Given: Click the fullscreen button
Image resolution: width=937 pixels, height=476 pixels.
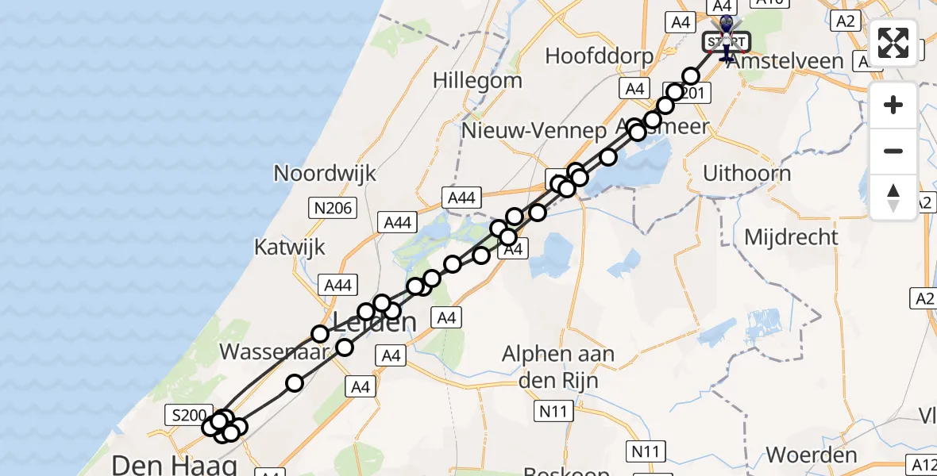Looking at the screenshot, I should pos(893,43).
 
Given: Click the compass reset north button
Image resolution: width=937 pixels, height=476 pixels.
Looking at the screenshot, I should pos(893,198).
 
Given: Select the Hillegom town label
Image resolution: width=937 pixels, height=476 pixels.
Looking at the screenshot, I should pos(477,80).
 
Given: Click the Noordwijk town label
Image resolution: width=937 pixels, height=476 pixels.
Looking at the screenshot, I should pos(324,173).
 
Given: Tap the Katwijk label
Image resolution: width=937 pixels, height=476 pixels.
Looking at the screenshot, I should pos(290,247).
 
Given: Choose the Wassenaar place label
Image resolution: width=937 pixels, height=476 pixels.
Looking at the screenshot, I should pos(273,351).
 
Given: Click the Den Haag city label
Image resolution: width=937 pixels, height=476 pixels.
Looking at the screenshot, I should pos(175,463).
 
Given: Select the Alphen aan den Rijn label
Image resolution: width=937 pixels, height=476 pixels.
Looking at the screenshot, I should pos(557,366).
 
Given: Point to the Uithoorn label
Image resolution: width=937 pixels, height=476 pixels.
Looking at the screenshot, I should pos(746,173).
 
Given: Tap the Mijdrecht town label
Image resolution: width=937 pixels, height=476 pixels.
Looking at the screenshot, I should pos(791,236).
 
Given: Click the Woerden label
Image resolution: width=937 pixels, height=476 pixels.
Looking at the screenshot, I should pos(811,455).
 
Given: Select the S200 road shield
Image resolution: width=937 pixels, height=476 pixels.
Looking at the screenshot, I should pos(187,414).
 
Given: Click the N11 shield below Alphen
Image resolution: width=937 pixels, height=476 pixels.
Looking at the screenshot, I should pos(553,411).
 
